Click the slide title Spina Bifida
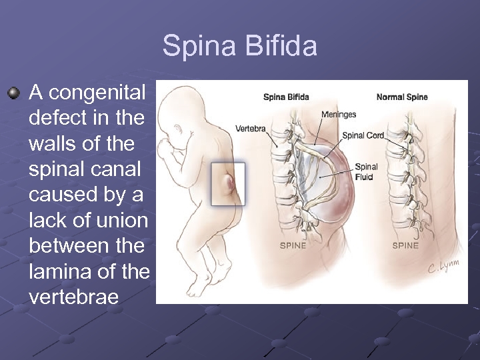pos(240,47)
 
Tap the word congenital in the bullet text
pos(97,92)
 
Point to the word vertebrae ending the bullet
pos(74,297)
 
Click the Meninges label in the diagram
pos(339,115)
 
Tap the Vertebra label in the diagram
pos(251,128)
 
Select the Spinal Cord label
pos(363,135)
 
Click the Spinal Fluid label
pos(366,172)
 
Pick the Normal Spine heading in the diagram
pos(402,97)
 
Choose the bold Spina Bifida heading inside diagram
pos(286,97)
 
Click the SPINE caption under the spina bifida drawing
pos(293,245)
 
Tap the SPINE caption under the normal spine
pos(405,245)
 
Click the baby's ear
pos(178,128)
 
